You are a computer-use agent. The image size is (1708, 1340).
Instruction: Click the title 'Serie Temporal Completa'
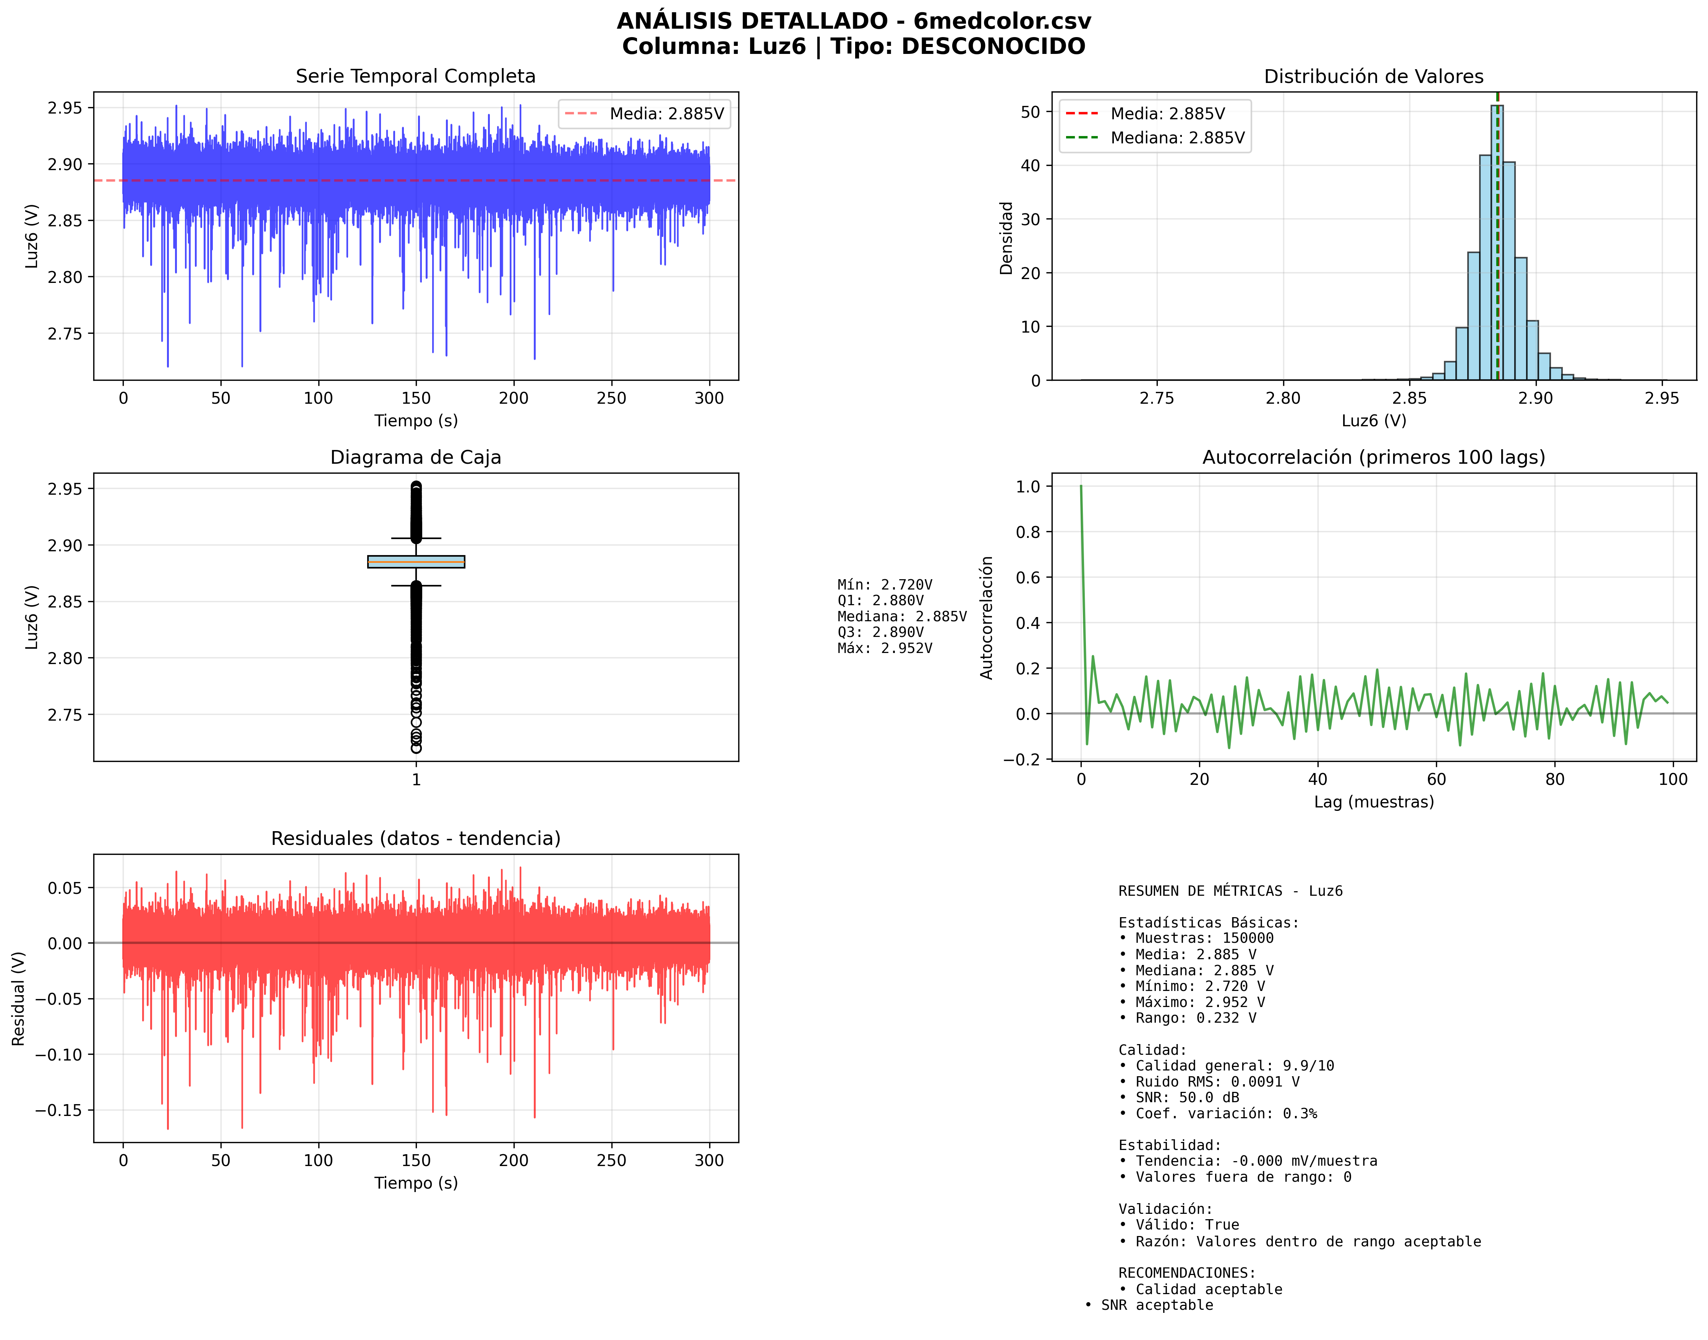tap(416, 76)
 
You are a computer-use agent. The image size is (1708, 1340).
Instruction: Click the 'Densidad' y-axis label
tap(1006, 238)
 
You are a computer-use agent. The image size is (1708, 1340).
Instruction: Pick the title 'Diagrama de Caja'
tap(416, 457)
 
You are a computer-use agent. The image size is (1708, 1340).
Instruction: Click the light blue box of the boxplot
tap(416, 562)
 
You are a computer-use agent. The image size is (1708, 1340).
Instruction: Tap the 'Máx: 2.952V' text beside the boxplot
tap(885, 648)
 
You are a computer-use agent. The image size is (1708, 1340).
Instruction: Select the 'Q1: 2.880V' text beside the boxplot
tap(880, 600)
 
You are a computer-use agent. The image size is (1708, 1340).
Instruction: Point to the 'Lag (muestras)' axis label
tap(1374, 802)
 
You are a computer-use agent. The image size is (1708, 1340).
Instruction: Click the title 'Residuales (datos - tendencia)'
tap(416, 839)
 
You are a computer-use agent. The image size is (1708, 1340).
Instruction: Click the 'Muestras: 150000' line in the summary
tap(1200, 938)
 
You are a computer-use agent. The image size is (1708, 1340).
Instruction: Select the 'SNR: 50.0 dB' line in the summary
tap(1183, 1098)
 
